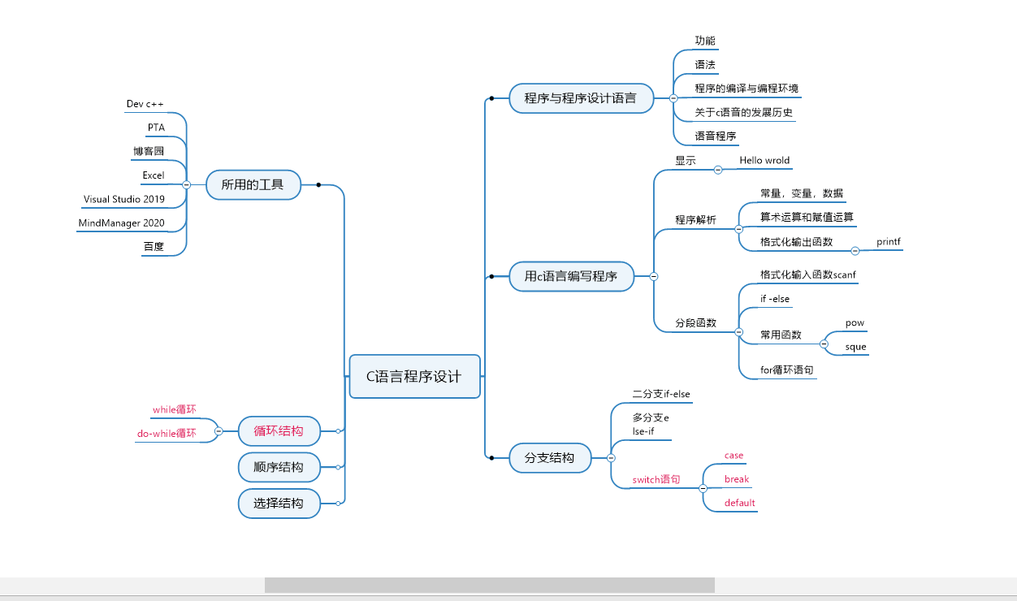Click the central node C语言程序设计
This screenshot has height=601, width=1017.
pyautogui.click(x=414, y=377)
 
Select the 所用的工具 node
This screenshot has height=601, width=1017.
pyautogui.click(x=253, y=184)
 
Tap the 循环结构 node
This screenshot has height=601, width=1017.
pyautogui.click(x=279, y=430)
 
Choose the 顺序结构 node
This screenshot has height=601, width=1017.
pyautogui.click(x=279, y=467)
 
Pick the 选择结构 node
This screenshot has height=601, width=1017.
pyautogui.click(x=279, y=504)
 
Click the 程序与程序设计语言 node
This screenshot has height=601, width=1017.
pyautogui.click(x=580, y=98)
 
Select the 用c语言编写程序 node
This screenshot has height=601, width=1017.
pyautogui.click(x=571, y=276)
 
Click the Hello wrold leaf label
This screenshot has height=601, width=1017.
pyautogui.click(x=764, y=161)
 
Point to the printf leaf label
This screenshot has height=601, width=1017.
pyautogui.click(x=889, y=242)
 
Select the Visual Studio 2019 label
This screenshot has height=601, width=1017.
pyautogui.click(x=123, y=199)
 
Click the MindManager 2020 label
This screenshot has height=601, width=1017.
pyautogui.click(x=122, y=223)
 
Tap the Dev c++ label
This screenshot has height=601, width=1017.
pyautogui.click(x=145, y=104)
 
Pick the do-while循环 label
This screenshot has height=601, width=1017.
pyautogui.click(x=167, y=434)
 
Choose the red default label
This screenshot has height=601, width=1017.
pyautogui.click(x=740, y=503)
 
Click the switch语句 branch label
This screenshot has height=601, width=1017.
pyautogui.click(x=656, y=480)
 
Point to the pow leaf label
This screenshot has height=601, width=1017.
pyautogui.click(x=855, y=323)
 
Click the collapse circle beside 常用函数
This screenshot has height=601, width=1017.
pyautogui.click(x=824, y=344)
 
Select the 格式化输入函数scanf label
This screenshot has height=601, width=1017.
pyautogui.click(x=808, y=275)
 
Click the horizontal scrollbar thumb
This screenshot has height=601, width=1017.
pyautogui.click(x=489, y=585)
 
